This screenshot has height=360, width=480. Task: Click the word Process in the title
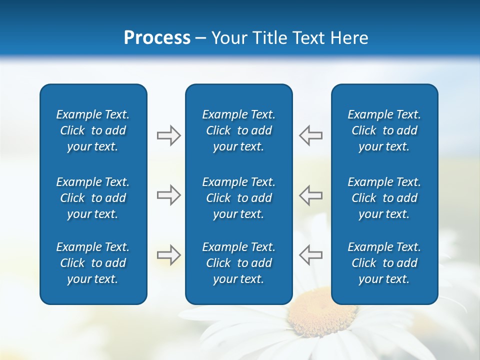(x=157, y=38)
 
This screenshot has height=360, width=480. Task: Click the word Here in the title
(x=349, y=38)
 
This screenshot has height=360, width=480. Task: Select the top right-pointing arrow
(x=168, y=135)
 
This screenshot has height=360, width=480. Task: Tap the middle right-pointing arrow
(x=168, y=195)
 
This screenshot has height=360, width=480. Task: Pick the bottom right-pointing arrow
(x=168, y=255)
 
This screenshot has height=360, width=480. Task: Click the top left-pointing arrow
(x=310, y=135)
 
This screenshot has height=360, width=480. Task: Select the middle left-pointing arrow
(x=310, y=195)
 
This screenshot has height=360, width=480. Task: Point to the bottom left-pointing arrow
(x=310, y=255)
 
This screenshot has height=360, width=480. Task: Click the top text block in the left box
(x=93, y=130)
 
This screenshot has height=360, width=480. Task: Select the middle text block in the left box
(x=93, y=198)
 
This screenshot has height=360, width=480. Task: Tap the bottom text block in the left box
(x=93, y=263)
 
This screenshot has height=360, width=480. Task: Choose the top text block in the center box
(x=238, y=130)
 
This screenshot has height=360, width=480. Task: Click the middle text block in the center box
(x=238, y=198)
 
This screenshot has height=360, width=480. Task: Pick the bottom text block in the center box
(x=238, y=263)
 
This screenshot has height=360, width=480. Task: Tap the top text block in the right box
(x=384, y=130)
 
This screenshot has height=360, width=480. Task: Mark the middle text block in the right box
(x=384, y=198)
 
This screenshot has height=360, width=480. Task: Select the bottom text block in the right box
(x=384, y=263)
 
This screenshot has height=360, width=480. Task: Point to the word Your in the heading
(x=228, y=38)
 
